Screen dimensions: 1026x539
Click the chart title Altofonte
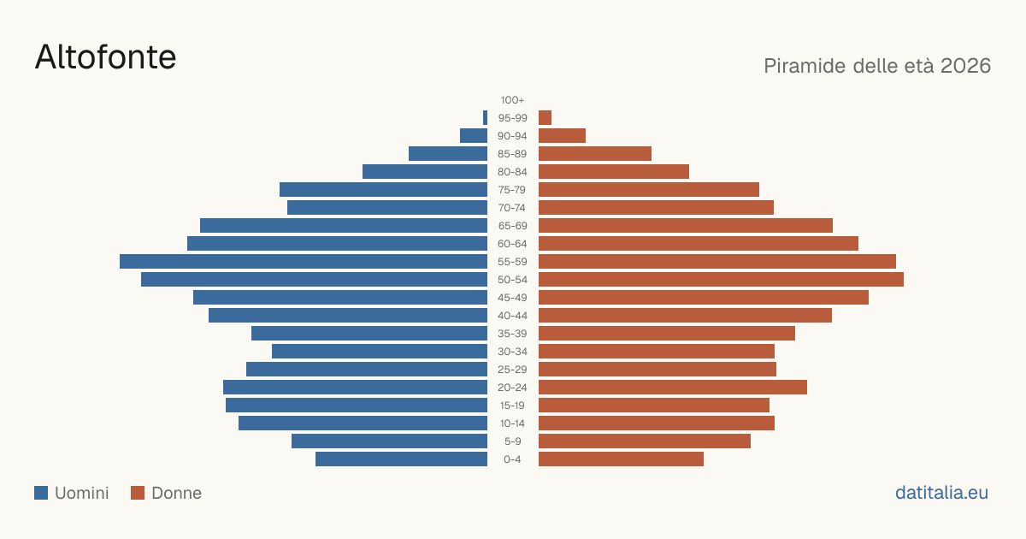[x=105, y=57]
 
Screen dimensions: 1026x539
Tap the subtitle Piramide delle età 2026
[x=877, y=66]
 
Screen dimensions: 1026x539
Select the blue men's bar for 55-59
[x=304, y=261]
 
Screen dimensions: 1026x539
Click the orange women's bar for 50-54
[x=721, y=280]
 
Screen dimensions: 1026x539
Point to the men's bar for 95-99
[x=485, y=118]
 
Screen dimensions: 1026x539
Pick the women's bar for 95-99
[x=545, y=118]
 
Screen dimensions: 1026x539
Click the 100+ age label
[x=512, y=100]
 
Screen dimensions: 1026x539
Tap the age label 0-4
[x=512, y=459]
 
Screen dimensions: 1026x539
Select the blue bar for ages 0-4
[x=401, y=459]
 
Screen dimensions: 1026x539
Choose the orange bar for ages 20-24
[x=673, y=388]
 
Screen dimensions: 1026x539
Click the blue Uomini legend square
[x=41, y=493]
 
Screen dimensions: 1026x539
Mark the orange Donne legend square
[x=138, y=493]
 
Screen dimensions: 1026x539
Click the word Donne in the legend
[x=176, y=493]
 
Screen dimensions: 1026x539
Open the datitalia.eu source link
[x=941, y=493]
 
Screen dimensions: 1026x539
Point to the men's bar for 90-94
[x=474, y=136]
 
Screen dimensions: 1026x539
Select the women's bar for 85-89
[x=595, y=153]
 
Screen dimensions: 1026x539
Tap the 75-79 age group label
[x=512, y=190]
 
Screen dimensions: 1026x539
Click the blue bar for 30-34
[x=380, y=352]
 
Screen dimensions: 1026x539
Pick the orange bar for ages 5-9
[x=645, y=441]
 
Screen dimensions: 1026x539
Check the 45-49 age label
[x=512, y=298]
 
